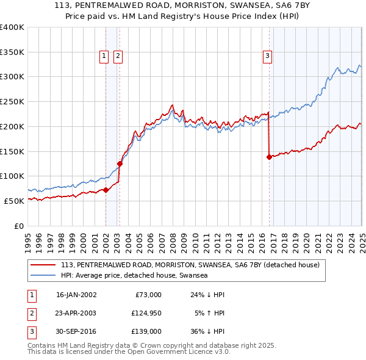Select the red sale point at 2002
point(106,190)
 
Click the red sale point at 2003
point(120,164)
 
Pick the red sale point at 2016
point(269,157)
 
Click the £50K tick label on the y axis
point(14,201)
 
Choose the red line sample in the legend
point(43,265)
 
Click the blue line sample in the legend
point(43,275)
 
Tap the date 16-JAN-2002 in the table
point(76,295)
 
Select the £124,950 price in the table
point(145,313)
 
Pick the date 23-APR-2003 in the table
point(76,313)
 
